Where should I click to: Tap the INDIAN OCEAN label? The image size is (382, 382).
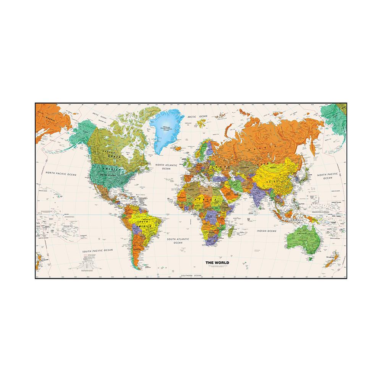point(266,231)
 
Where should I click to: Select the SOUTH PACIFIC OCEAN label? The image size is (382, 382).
point(98,251)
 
